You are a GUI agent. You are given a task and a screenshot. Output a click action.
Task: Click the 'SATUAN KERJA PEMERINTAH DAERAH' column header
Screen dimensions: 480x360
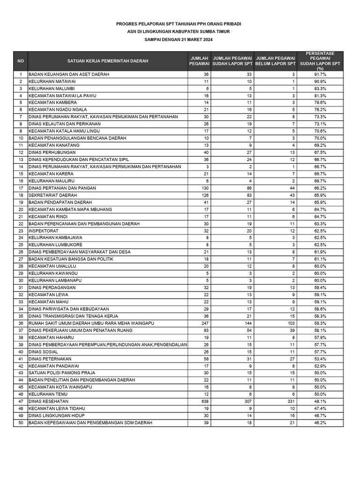coord(107,61)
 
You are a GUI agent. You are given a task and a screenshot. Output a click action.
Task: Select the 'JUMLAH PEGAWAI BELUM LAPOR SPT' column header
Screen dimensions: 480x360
coord(275,61)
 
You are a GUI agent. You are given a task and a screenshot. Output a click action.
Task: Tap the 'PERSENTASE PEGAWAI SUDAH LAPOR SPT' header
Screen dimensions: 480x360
coord(320,61)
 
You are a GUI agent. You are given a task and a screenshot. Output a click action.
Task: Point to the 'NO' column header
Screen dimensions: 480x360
coord(21,61)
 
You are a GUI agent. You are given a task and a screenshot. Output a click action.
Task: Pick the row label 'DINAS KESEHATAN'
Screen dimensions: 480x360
coord(48,401)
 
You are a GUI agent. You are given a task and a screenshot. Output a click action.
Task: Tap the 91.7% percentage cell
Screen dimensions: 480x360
coord(320,75)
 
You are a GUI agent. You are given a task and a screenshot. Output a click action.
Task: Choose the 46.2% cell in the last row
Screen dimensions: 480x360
coord(320,423)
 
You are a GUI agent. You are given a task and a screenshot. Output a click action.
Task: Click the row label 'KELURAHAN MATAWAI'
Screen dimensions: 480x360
coord(52,82)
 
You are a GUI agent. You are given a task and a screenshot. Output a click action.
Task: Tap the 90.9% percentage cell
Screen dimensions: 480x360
coord(320,82)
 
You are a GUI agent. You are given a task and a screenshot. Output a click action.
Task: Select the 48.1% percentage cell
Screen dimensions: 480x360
coord(320,401)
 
